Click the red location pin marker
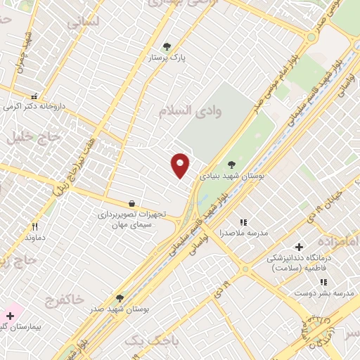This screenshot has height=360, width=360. click(x=181, y=165)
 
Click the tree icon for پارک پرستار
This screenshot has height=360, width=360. click(x=166, y=46)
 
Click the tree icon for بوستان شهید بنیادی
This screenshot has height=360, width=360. click(x=231, y=165)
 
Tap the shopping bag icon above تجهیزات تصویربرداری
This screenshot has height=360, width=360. click(x=132, y=203)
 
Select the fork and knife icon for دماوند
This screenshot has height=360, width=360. click(x=34, y=226)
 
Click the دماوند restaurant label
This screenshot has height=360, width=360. click(x=34, y=238)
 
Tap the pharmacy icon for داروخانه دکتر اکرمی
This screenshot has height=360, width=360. click(x=34, y=96)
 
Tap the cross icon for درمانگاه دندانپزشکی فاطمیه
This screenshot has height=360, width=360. click(x=300, y=247)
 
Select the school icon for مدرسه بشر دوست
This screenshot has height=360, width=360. click(x=323, y=282)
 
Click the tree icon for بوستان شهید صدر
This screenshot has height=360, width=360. click(x=119, y=298)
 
